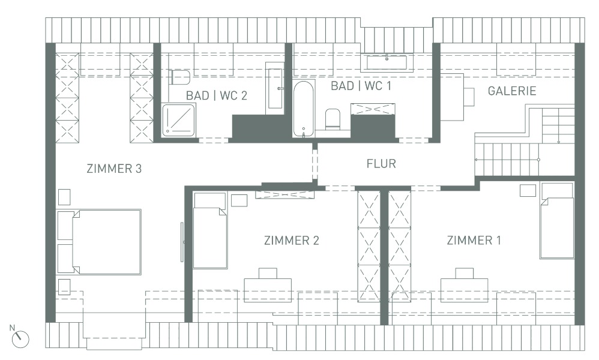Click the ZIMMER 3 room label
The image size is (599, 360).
114,169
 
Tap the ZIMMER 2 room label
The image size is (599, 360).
292,241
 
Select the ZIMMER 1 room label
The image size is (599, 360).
474,240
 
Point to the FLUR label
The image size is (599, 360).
381,164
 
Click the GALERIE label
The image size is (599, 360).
512,91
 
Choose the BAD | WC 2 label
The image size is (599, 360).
217,95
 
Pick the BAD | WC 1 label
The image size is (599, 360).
361,86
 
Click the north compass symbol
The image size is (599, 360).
20,338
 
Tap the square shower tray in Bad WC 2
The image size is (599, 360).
179,120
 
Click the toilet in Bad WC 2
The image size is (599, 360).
180,77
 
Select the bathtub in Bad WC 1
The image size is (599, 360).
304,109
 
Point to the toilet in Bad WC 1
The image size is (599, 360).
333,118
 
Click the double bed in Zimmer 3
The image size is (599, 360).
99,242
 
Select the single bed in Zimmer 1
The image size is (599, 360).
557,221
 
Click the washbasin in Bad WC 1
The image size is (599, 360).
387,62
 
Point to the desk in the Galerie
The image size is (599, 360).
452,97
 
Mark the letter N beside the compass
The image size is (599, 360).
12,328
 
